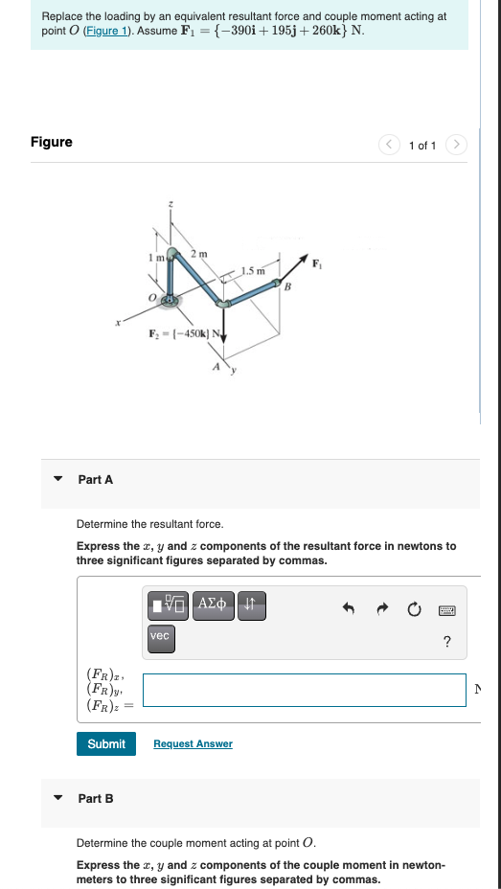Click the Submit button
106,743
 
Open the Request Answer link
193,743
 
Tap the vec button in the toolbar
160,635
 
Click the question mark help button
446,641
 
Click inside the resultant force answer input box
304,690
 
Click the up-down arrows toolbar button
248,604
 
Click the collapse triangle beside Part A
58,479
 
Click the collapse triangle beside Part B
58,798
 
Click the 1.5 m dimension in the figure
253,270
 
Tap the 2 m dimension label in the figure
197,253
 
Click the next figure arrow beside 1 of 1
458,146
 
